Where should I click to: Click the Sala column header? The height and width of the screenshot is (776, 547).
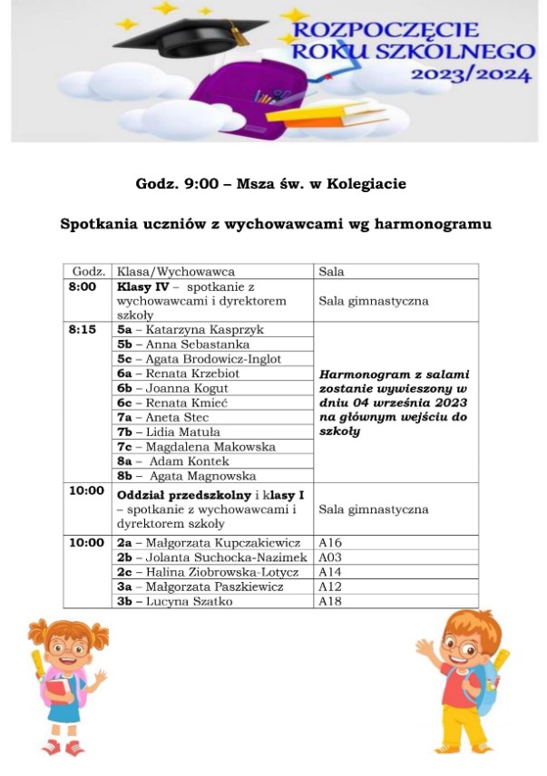[x=331, y=271]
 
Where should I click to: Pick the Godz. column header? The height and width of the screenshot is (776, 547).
[x=89, y=271]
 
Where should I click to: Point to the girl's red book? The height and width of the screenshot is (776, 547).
[x=55, y=692]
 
